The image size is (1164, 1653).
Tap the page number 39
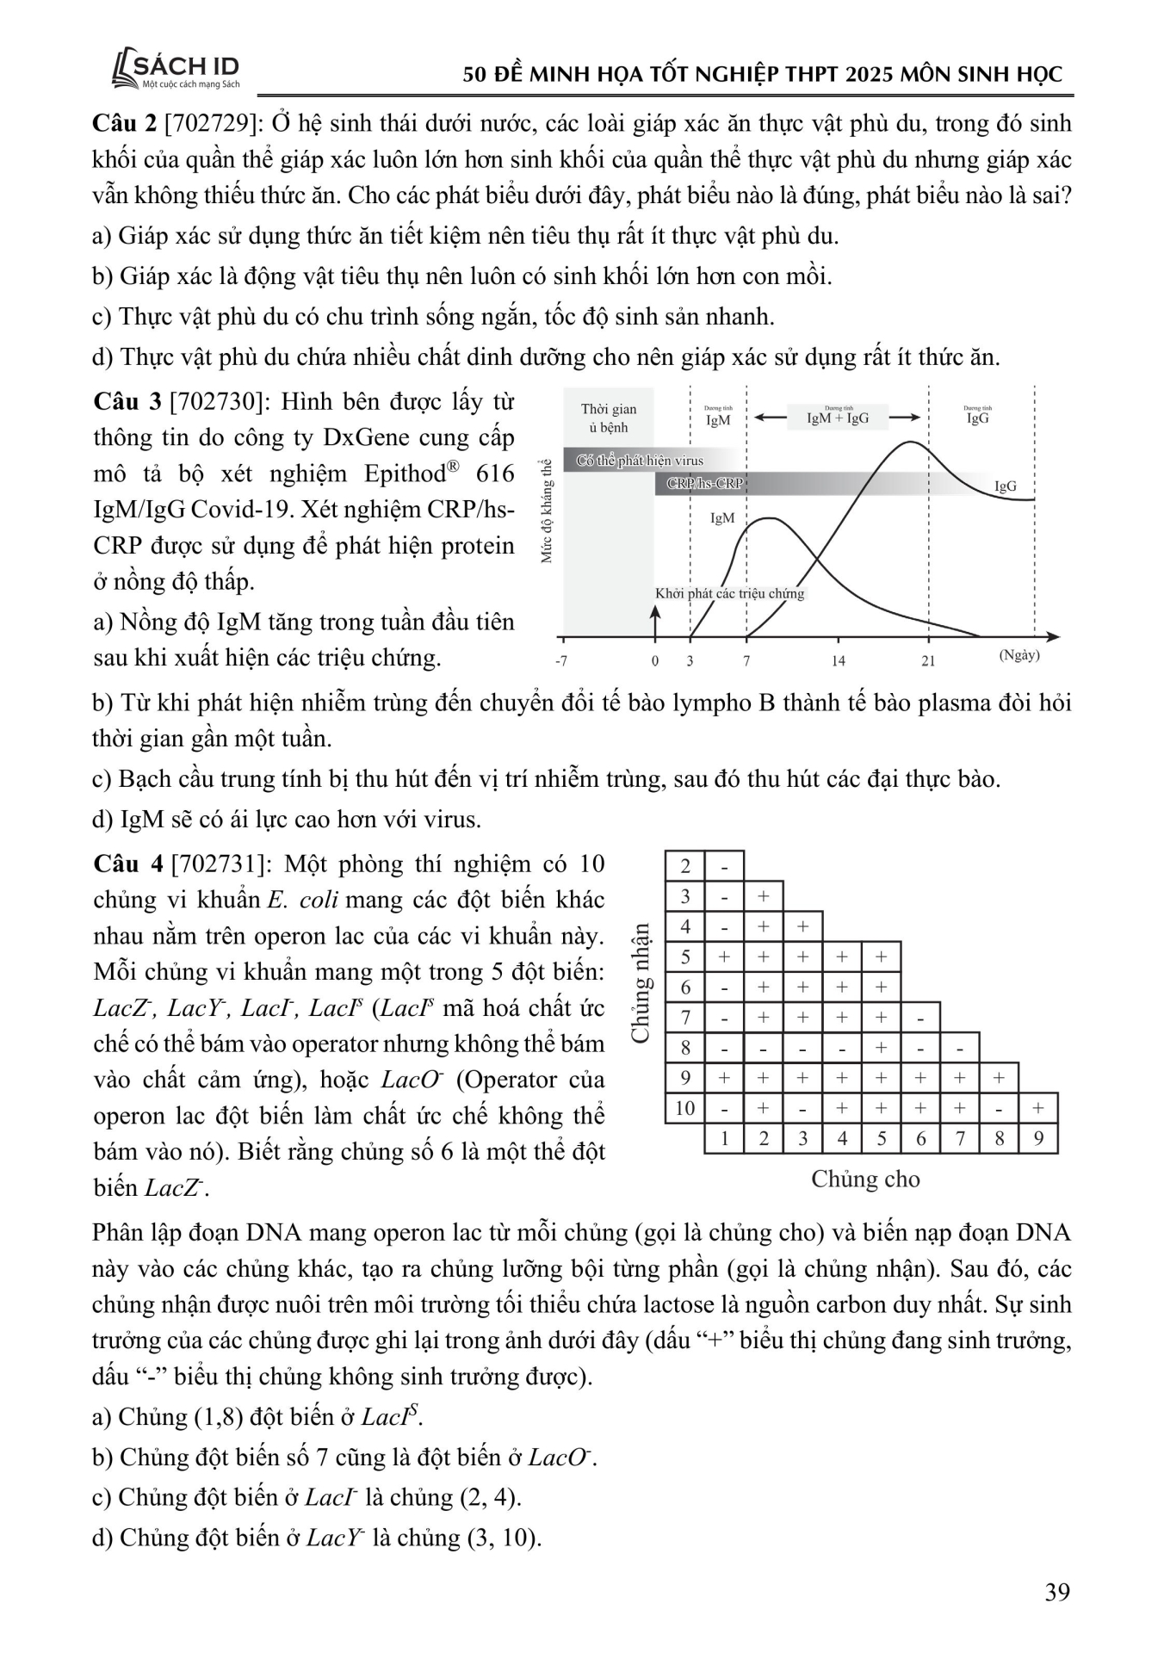click(x=1057, y=1592)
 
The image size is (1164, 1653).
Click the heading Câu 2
click(x=124, y=124)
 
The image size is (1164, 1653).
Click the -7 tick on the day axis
click(x=560, y=661)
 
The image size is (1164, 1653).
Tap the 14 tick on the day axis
click(x=839, y=661)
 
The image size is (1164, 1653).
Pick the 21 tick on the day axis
click(x=928, y=661)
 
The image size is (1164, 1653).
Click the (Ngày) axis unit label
click(x=1019, y=655)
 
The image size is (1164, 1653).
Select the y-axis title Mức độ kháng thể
click(x=546, y=511)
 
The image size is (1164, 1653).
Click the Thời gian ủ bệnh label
click(x=609, y=418)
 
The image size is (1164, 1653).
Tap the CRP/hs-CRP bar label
click(x=704, y=484)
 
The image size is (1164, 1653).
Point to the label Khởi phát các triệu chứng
click(x=729, y=594)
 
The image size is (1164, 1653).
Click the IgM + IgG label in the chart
click(x=837, y=419)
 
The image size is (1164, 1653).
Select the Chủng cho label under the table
click(x=865, y=1179)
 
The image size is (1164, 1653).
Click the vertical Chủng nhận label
click(x=640, y=983)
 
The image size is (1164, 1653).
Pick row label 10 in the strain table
click(x=684, y=1108)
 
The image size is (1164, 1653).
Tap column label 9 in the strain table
click(x=1038, y=1139)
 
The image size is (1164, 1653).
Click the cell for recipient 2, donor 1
click(x=725, y=866)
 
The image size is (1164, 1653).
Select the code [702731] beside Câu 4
click(x=223, y=864)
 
